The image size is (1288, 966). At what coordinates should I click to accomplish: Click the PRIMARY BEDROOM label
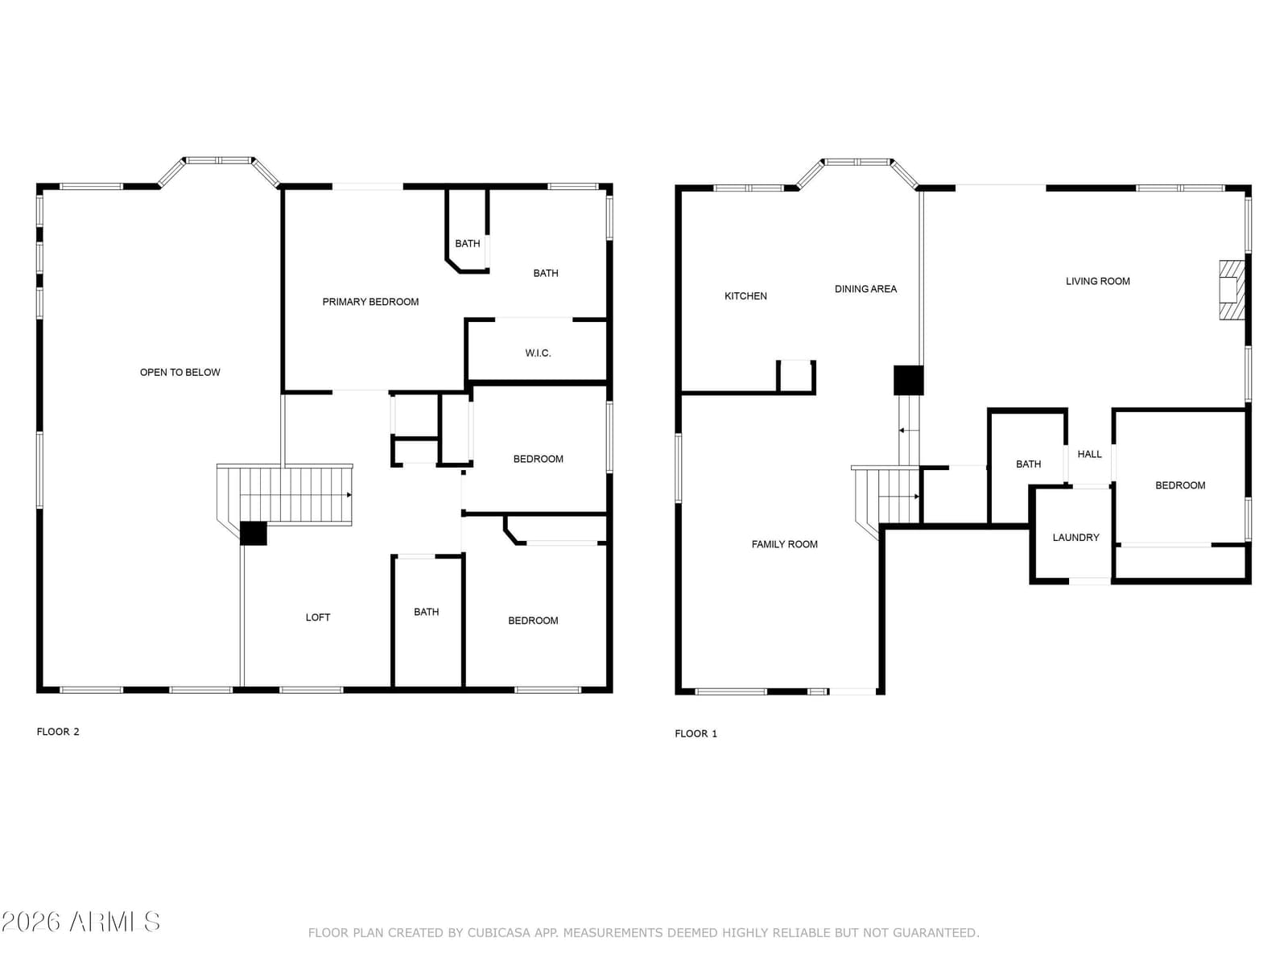pyautogui.click(x=370, y=302)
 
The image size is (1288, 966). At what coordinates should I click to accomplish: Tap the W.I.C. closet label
pyautogui.click(x=538, y=353)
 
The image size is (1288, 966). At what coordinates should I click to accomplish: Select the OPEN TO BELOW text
pyautogui.click(x=180, y=373)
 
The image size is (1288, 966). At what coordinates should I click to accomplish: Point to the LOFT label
pyautogui.click(x=317, y=617)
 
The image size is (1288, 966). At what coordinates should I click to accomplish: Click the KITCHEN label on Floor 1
pyautogui.click(x=745, y=296)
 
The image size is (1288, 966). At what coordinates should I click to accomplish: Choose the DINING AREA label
pyautogui.click(x=865, y=289)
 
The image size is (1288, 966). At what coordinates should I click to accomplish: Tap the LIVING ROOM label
pyautogui.click(x=1097, y=282)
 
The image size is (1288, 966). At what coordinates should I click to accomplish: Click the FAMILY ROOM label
pyautogui.click(x=784, y=544)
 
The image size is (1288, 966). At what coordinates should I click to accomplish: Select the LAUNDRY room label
pyautogui.click(x=1075, y=537)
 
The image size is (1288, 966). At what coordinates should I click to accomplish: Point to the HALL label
pyautogui.click(x=1089, y=454)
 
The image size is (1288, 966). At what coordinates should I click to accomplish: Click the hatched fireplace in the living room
pyautogui.click(x=1232, y=290)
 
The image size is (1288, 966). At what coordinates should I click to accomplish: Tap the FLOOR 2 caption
pyautogui.click(x=57, y=732)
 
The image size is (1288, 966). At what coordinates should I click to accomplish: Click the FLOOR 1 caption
pyautogui.click(x=696, y=733)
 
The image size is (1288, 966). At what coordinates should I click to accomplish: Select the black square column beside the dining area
pyautogui.click(x=908, y=380)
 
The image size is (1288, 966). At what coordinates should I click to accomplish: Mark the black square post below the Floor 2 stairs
pyautogui.click(x=254, y=534)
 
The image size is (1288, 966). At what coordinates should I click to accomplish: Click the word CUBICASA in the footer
pyautogui.click(x=498, y=932)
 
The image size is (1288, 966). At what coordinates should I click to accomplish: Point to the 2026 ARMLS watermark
pyautogui.click(x=80, y=922)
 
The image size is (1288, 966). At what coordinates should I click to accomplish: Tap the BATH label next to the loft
pyautogui.click(x=426, y=612)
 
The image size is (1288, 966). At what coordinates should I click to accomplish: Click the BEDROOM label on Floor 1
pyautogui.click(x=1179, y=485)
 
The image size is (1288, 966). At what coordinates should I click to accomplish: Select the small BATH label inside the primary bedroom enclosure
pyautogui.click(x=467, y=243)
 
